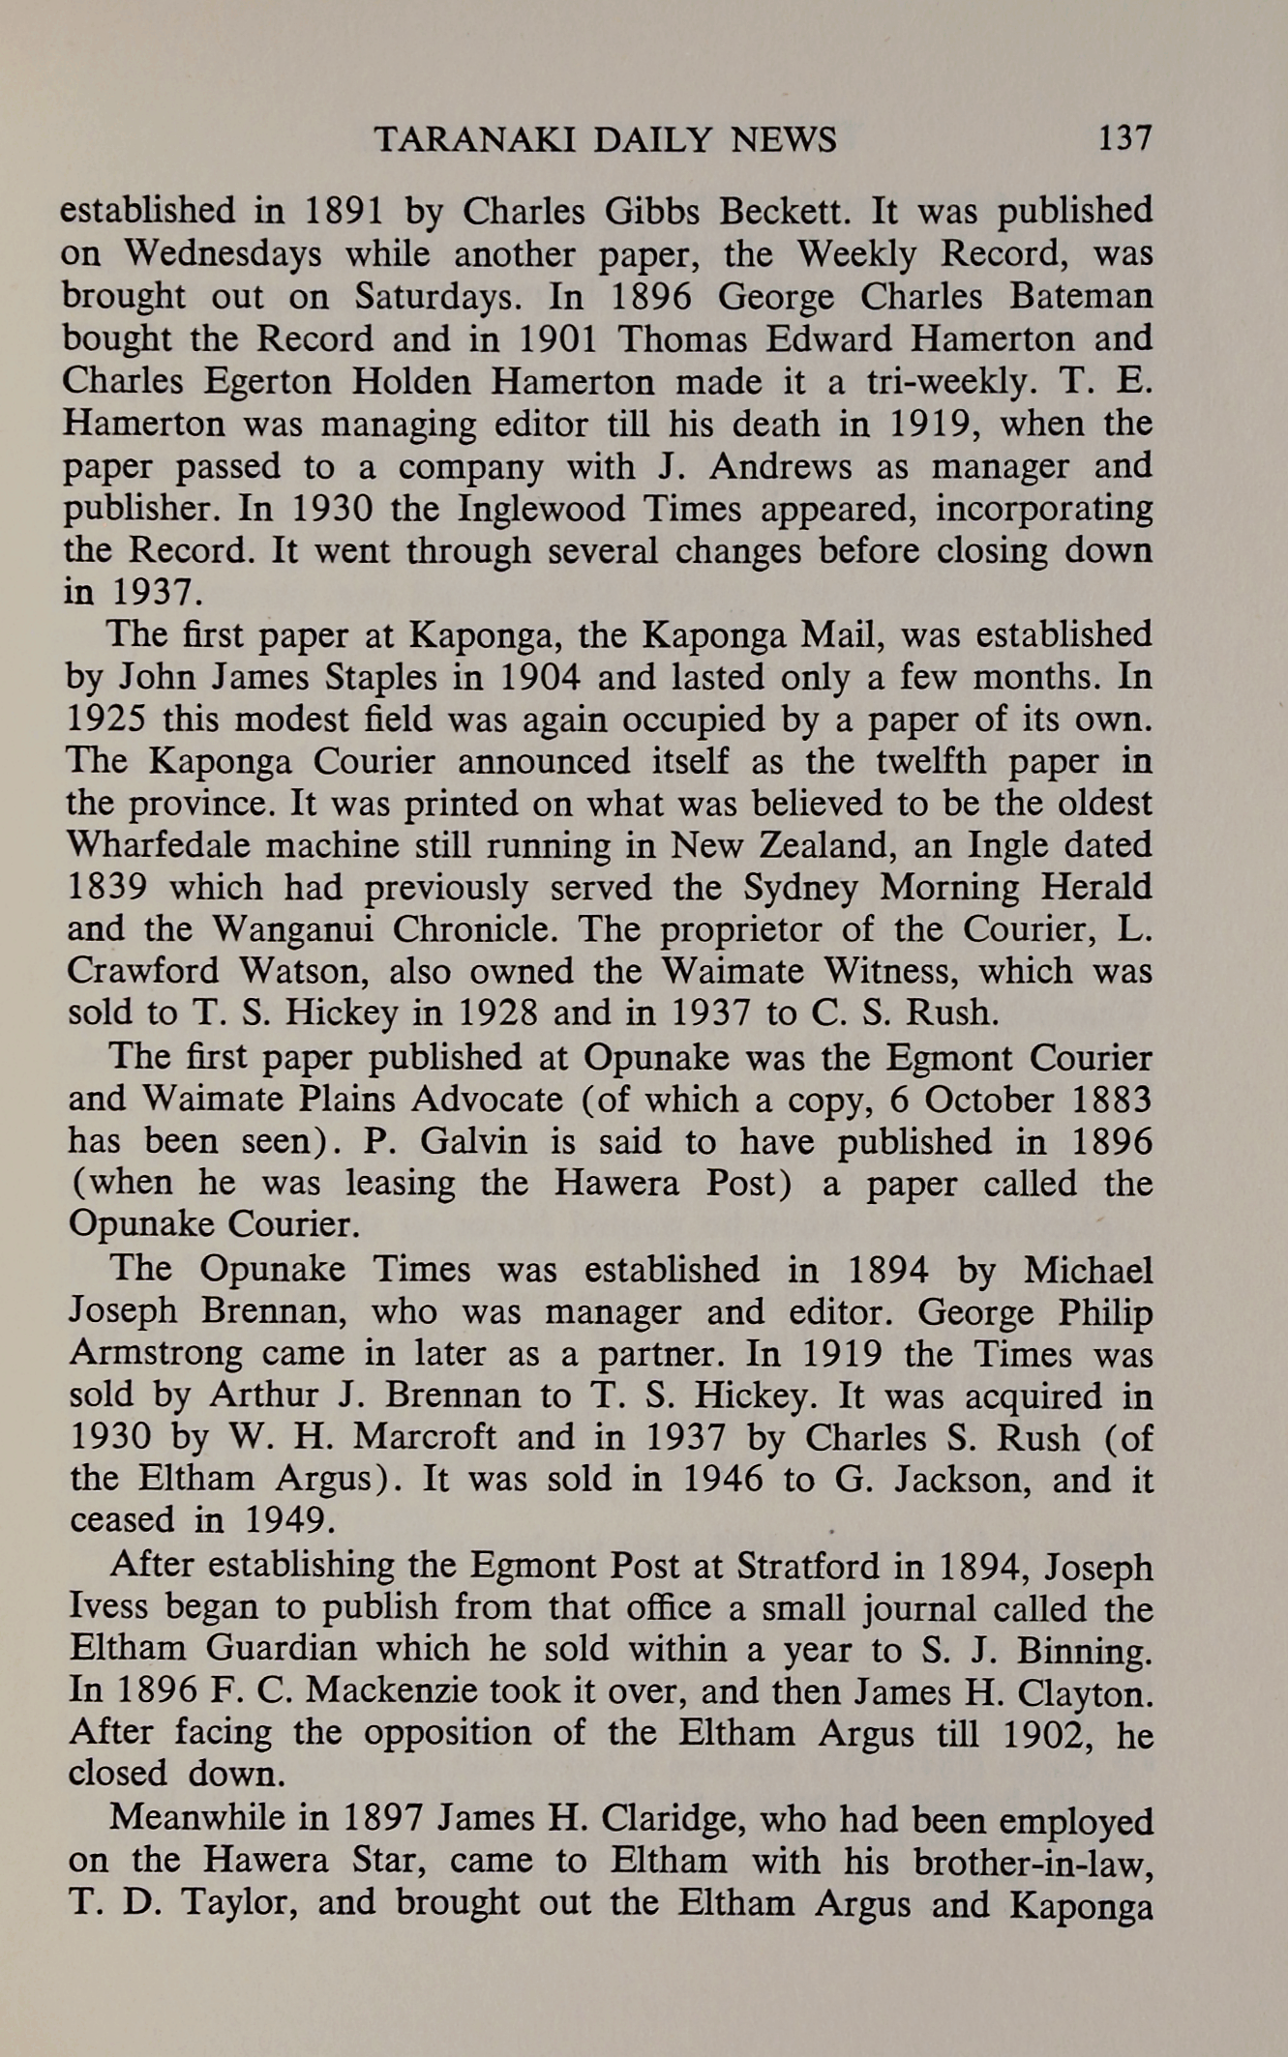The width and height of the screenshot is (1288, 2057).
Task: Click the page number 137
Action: (x=1125, y=140)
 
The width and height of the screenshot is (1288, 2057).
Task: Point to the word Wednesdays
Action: (x=224, y=253)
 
